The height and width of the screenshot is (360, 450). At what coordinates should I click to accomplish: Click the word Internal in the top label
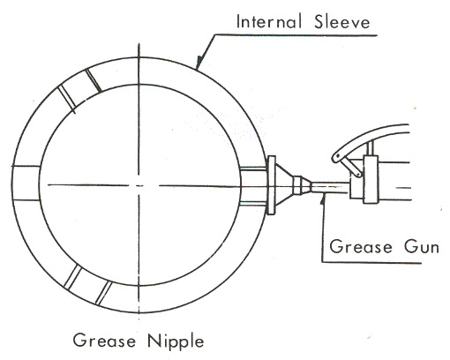pos(269,22)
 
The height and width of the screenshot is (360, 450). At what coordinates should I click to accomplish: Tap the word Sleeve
pos(341,22)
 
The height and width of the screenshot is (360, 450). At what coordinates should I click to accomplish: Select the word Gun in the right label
pos(422,246)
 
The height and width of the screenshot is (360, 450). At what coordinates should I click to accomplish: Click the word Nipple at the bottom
pos(176,341)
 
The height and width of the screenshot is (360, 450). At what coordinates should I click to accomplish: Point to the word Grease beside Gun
pos(361,246)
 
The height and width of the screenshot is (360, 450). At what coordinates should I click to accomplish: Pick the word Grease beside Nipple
pos(104,340)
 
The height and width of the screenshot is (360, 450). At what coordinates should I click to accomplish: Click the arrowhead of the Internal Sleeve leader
pos(199,63)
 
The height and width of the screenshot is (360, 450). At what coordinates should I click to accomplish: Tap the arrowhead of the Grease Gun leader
pos(323,198)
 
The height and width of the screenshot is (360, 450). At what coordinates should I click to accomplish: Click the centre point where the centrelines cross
pos(139,185)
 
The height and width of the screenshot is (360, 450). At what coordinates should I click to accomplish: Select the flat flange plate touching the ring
pos(272,185)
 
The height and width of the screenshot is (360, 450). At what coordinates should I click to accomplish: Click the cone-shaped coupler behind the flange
pos(284,185)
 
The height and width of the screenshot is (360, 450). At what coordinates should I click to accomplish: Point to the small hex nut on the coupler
pos(297,185)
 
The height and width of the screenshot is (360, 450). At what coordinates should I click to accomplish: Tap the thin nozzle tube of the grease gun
pos(330,188)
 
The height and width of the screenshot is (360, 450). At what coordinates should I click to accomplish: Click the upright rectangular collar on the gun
pos(371,179)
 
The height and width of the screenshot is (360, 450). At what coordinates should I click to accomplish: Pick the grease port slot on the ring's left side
pos(26,184)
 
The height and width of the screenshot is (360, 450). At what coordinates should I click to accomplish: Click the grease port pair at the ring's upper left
pos(79,89)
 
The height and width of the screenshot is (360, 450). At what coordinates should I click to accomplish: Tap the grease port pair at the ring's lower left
pos(89,284)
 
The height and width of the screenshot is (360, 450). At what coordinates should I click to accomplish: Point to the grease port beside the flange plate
pos(253,185)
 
